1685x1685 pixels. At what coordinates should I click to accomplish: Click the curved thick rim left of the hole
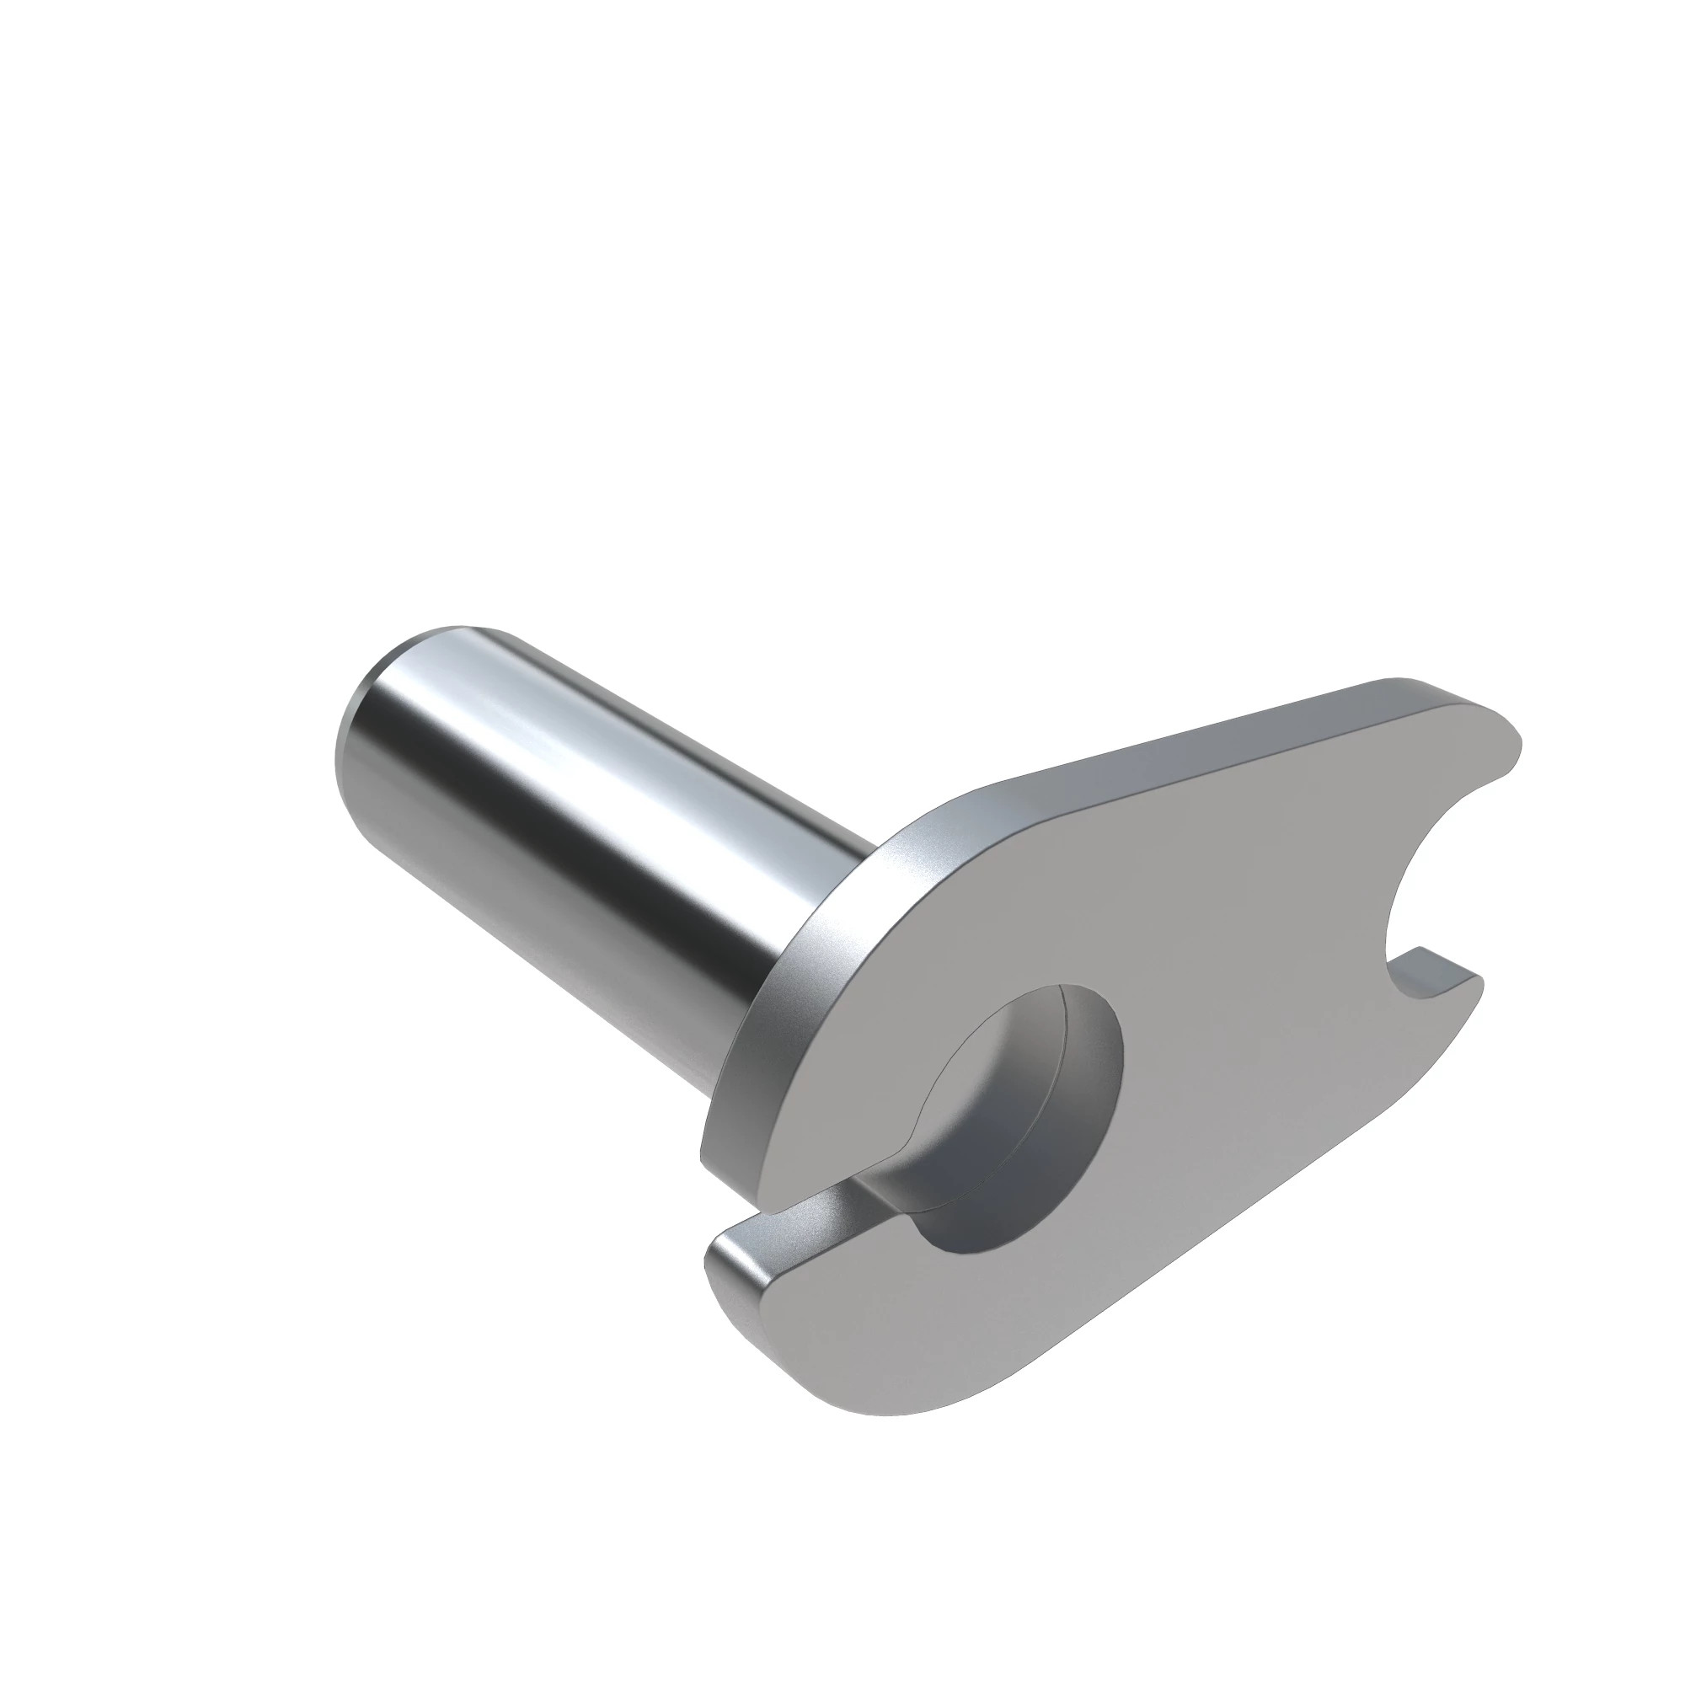(768, 1038)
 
